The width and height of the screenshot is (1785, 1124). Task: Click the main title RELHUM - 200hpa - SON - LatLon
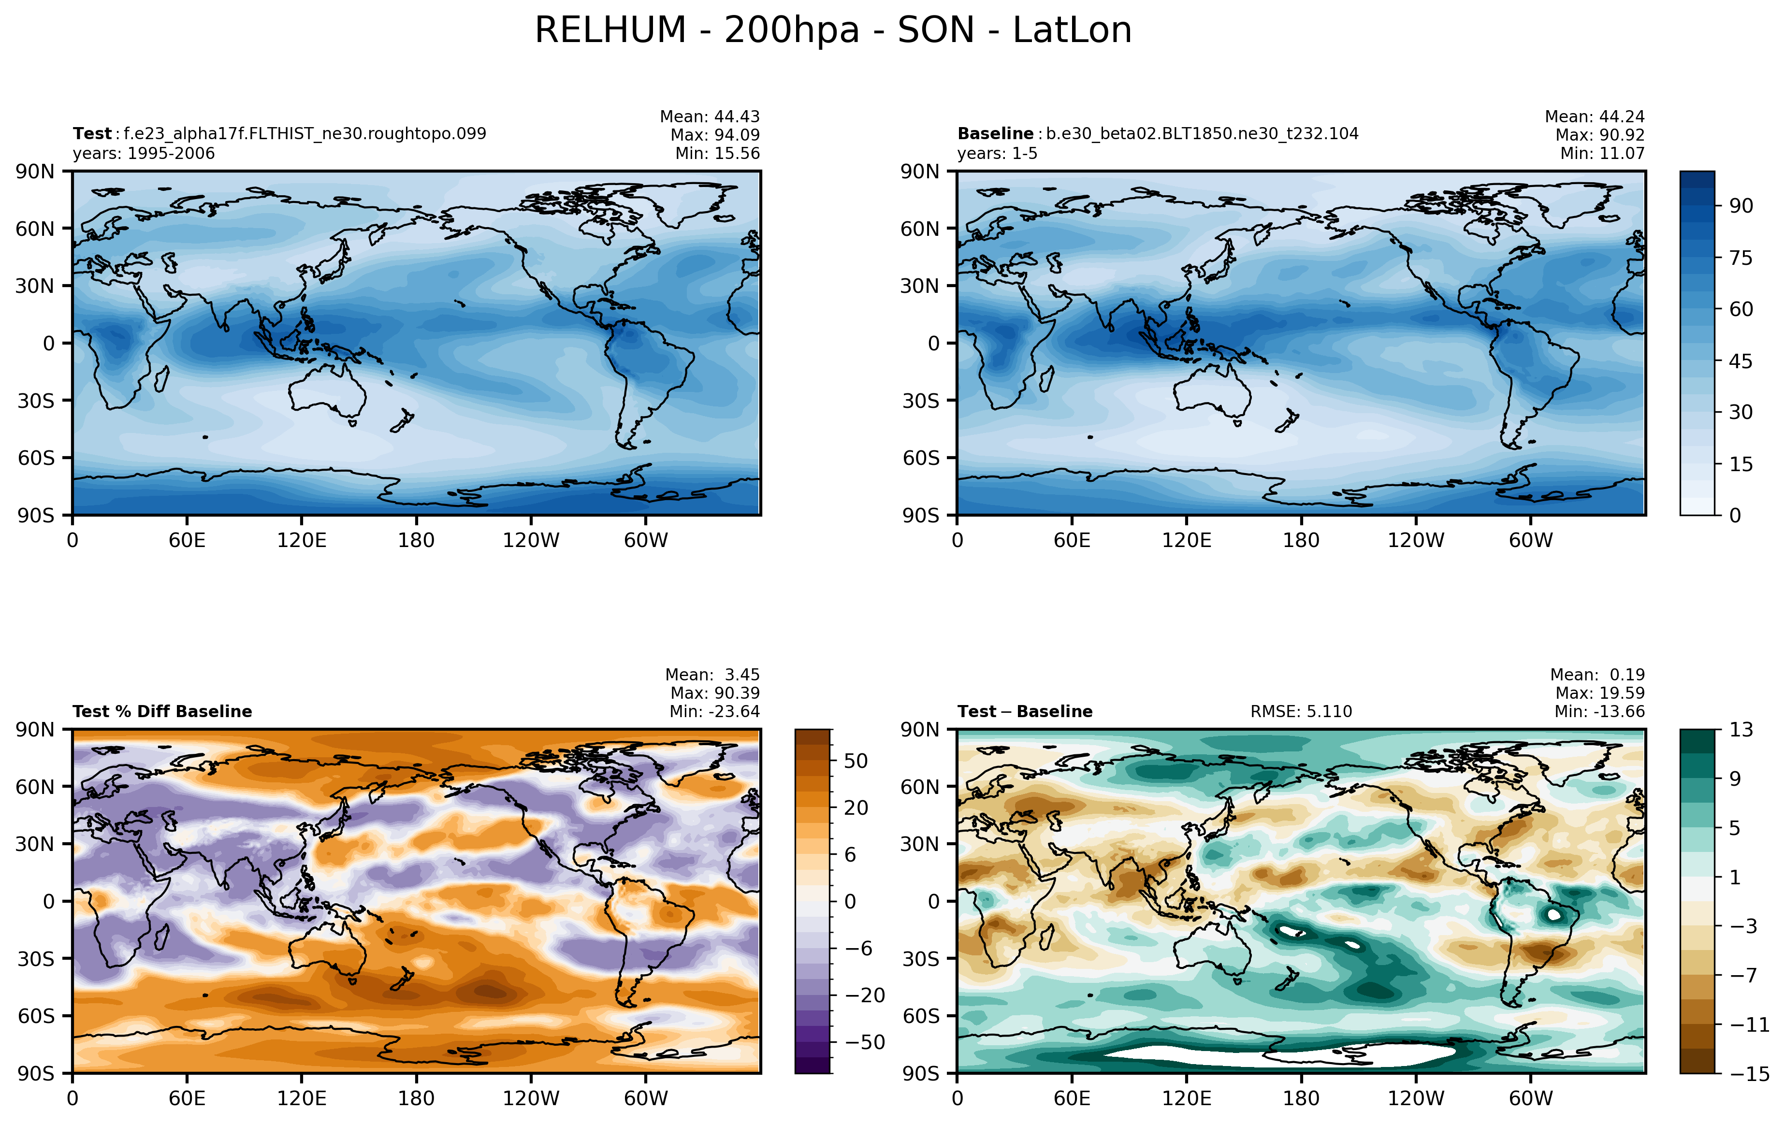(833, 31)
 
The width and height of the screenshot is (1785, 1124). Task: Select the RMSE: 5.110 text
(1301, 711)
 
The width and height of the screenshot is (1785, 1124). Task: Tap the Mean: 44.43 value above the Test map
(710, 116)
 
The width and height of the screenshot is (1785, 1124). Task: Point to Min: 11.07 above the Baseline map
(1602, 153)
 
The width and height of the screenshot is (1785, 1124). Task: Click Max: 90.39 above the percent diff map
(714, 693)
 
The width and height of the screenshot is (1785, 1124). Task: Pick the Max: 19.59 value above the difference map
(1600, 693)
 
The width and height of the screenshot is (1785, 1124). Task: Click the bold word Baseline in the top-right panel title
(995, 133)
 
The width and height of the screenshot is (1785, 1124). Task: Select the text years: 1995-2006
(144, 153)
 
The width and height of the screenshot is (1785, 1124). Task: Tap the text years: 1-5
(997, 153)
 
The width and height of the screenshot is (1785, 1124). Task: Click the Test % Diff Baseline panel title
(162, 711)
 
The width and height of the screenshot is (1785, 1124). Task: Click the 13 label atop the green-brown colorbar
(1741, 730)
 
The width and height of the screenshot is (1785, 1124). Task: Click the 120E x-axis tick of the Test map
(302, 540)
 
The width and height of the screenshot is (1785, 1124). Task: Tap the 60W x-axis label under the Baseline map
(1531, 540)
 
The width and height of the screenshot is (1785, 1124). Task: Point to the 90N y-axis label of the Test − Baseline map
(920, 730)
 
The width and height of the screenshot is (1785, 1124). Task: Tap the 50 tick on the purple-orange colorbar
(856, 761)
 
